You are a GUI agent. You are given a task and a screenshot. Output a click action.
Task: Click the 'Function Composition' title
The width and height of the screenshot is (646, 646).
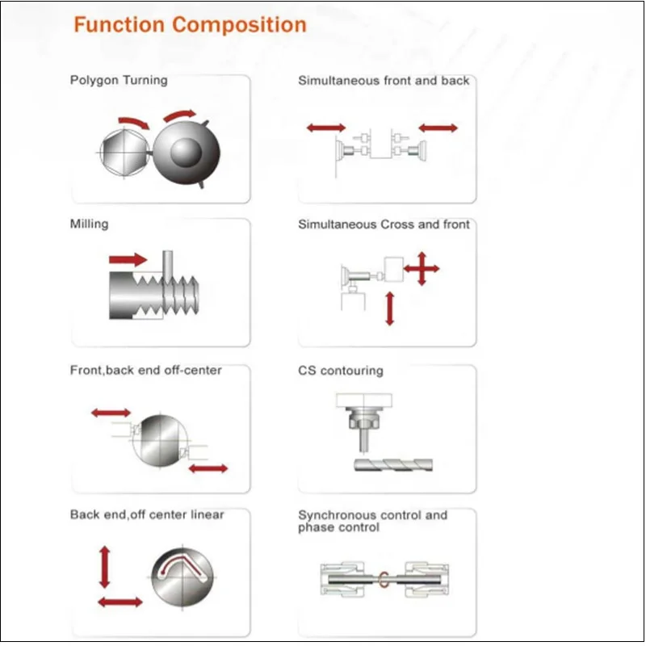click(190, 25)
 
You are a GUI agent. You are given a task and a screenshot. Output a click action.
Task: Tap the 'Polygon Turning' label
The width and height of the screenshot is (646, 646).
click(119, 81)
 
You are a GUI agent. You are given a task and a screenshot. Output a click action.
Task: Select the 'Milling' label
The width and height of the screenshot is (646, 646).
click(89, 224)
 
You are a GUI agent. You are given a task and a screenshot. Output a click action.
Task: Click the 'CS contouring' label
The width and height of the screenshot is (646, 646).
click(340, 371)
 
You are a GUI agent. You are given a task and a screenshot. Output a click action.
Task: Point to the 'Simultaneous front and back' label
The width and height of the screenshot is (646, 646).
click(384, 81)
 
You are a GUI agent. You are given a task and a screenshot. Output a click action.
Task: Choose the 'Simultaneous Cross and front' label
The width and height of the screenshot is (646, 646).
click(384, 224)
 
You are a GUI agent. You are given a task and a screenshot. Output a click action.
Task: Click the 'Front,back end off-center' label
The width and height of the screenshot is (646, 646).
click(145, 371)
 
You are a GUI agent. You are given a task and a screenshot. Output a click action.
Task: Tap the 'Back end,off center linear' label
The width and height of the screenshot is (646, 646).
click(147, 514)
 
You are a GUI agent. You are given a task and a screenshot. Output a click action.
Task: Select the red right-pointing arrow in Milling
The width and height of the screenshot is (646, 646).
click(128, 259)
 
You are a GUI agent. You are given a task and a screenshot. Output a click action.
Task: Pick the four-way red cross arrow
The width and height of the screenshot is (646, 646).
click(422, 268)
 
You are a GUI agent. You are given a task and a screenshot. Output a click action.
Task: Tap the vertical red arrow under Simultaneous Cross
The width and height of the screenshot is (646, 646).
click(390, 308)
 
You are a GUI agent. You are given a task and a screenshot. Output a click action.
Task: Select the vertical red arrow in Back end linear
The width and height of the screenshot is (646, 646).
click(104, 565)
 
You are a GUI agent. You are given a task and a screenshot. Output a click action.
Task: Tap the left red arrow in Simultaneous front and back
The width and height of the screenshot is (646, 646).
click(326, 128)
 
